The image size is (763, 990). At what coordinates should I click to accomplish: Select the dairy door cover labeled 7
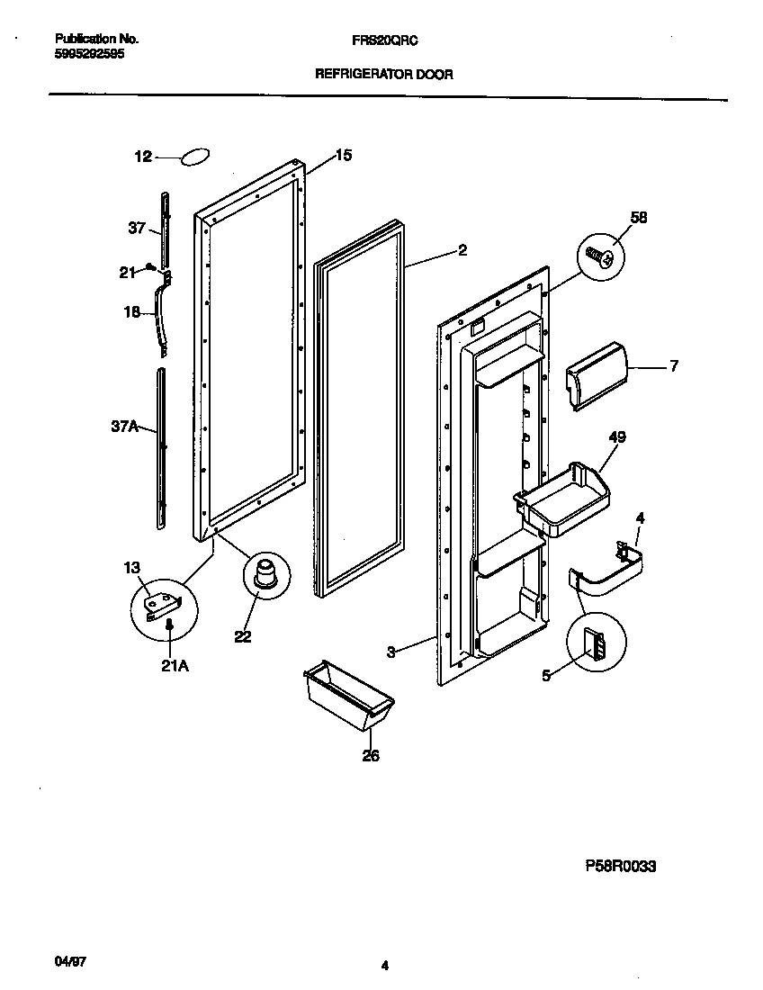[x=594, y=373]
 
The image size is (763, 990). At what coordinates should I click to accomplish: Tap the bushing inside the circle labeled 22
[x=266, y=574]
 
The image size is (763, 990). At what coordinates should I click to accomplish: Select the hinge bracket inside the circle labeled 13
[x=163, y=603]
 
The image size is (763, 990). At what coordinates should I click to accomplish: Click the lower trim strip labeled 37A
[x=160, y=447]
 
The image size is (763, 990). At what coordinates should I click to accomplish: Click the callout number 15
[x=343, y=155]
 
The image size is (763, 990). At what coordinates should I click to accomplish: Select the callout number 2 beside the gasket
[x=462, y=251]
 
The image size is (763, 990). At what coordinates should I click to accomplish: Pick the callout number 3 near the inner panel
[x=391, y=652]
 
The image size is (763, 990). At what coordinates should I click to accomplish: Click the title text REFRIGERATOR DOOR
[x=383, y=75]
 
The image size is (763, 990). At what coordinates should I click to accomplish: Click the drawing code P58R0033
[x=620, y=867]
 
